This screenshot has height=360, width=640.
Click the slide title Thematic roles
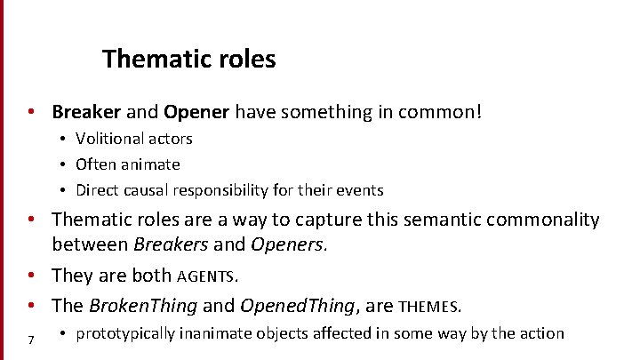click(188, 60)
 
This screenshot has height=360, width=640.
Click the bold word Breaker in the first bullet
click(85, 112)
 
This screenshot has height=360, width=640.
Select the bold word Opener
click(194, 112)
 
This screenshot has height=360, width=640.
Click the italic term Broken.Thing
click(143, 307)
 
